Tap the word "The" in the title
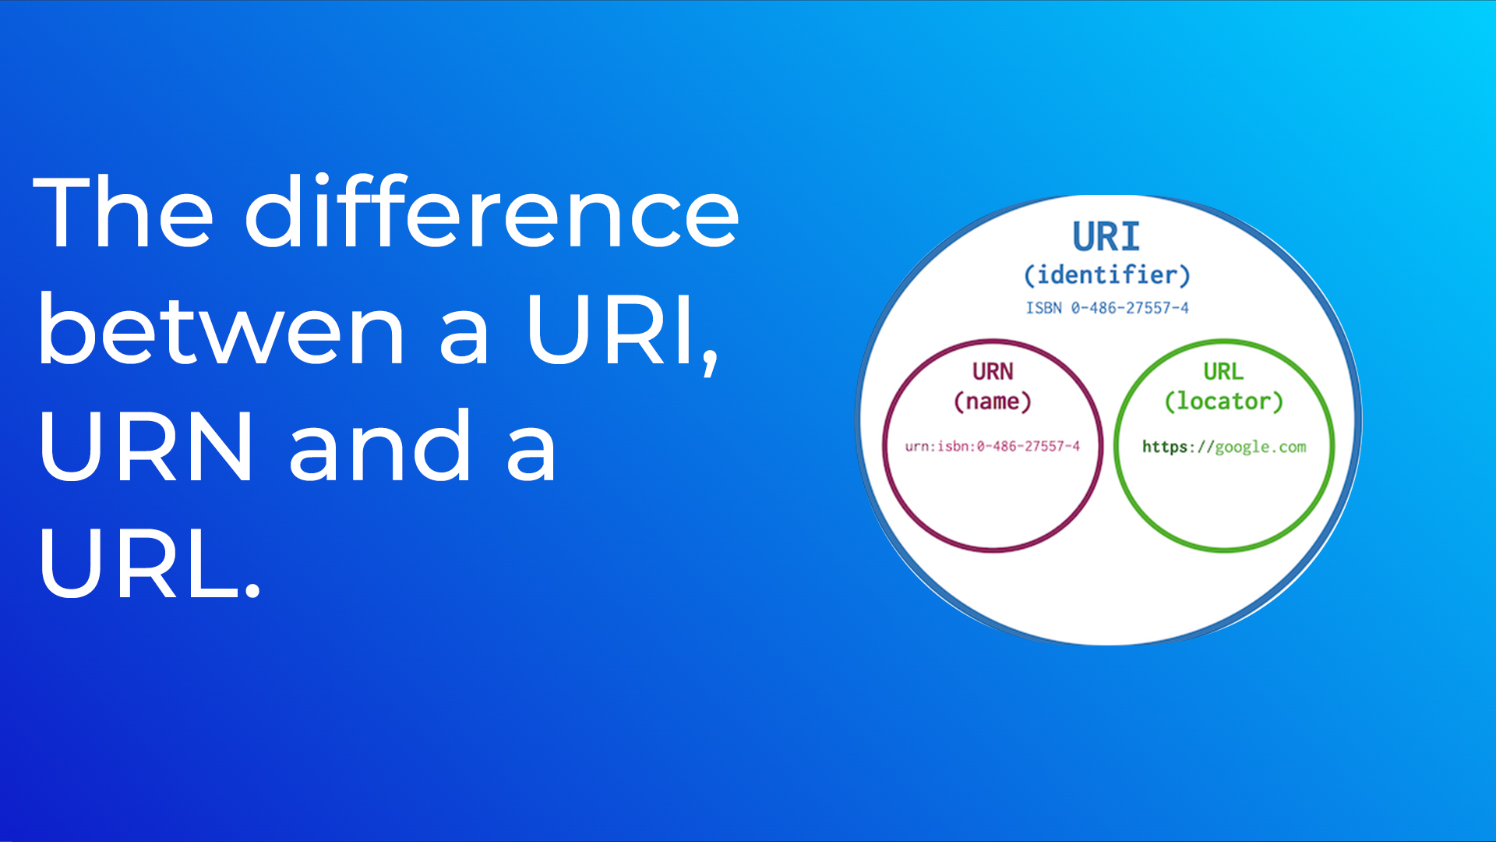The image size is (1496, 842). click(x=123, y=212)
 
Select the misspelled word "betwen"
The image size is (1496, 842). click(x=221, y=329)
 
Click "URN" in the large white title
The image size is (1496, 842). click(x=146, y=446)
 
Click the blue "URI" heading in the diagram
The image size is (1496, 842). click(x=1106, y=236)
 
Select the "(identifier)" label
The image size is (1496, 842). click(x=1106, y=275)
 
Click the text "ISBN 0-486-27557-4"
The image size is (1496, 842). click(x=1107, y=308)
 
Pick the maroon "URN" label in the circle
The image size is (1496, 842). click(x=993, y=372)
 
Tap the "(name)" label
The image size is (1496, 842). click(x=993, y=402)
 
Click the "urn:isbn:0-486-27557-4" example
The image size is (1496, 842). click(x=993, y=446)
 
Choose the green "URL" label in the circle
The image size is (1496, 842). click(x=1223, y=372)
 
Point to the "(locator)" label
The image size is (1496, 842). click(x=1223, y=402)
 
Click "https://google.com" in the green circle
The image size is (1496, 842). click(x=1224, y=447)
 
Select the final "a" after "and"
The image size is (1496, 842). click(x=531, y=455)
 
